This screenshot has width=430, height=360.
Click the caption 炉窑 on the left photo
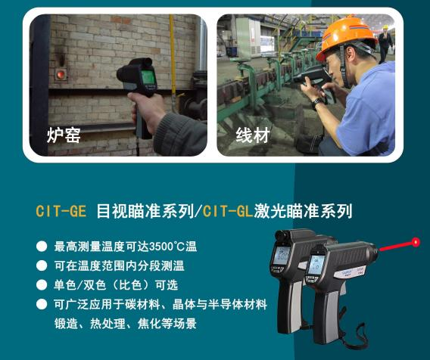(64, 135)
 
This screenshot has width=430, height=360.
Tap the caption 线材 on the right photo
(253, 135)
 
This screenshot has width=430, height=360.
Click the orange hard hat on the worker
(346, 37)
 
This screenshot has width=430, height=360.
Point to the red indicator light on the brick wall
(61, 74)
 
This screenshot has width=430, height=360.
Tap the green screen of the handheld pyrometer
(148, 77)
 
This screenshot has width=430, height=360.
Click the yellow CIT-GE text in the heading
(61, 211)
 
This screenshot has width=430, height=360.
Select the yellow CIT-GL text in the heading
(228, 211)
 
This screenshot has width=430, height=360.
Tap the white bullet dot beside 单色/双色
(42, 285)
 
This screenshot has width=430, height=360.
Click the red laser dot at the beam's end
(416, 242)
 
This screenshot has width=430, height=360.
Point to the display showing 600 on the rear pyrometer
(282, 256)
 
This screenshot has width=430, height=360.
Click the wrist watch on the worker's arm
(318, 104)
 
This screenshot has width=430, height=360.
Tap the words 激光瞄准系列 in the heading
(303, 211)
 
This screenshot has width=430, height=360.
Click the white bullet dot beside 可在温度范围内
(42, 265)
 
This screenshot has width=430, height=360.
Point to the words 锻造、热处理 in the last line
(89, 324)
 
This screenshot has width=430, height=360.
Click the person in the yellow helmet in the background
(385, 43)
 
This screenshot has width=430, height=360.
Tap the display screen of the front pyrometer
(316, 265)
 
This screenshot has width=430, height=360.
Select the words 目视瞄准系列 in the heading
(145, 211)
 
